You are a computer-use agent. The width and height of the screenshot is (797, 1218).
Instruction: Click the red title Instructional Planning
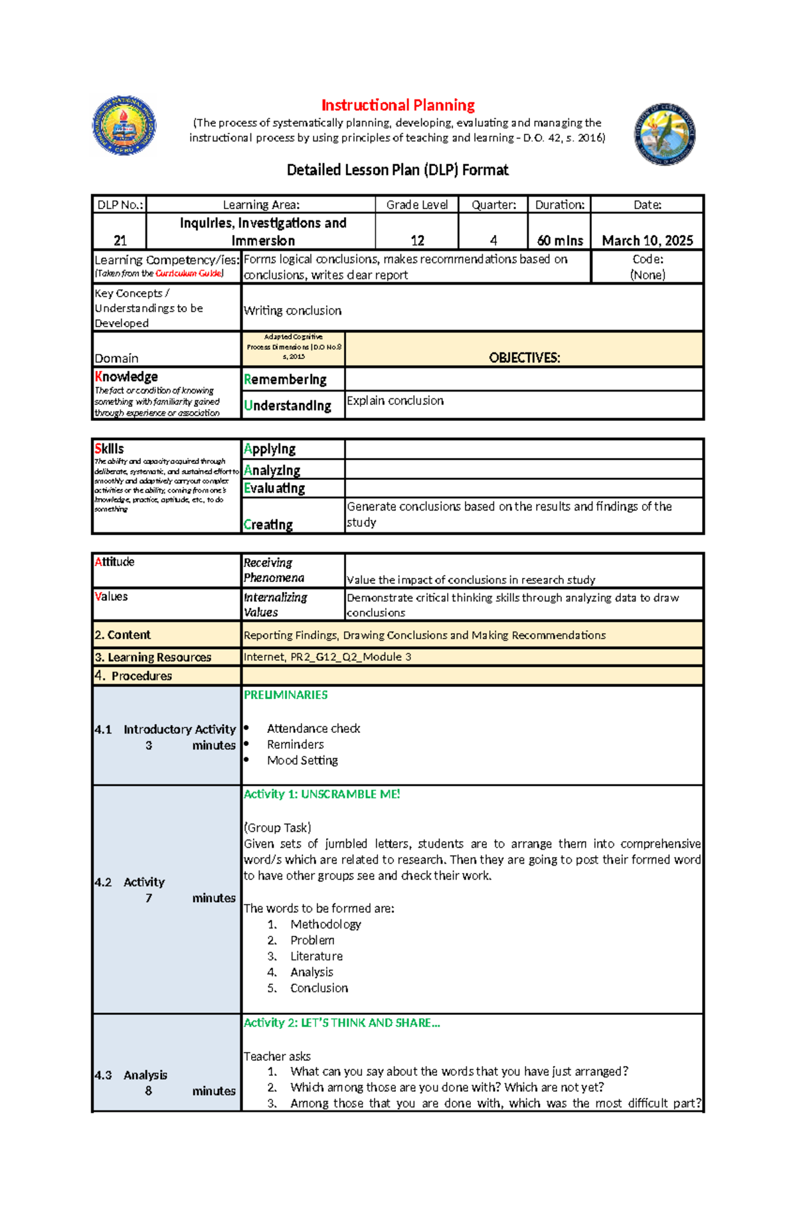point(398,106)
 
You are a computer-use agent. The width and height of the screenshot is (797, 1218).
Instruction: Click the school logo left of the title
point(124,125)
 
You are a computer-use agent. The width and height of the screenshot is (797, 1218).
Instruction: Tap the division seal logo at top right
point(664,135)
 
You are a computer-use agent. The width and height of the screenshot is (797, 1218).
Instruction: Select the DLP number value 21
point(120,240)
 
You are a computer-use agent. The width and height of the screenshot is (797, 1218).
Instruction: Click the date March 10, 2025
point(647,240)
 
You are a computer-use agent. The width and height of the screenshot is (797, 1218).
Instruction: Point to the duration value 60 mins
point(559,240)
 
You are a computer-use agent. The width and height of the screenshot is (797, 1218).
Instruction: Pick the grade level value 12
point(417,240)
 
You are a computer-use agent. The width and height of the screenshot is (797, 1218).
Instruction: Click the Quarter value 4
point(493,240)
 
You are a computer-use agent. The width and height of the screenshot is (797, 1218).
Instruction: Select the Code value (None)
point(648,275)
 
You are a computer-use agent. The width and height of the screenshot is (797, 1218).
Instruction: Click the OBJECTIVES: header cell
point(524,358)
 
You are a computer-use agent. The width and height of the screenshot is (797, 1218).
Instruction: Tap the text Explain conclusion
point(395,401)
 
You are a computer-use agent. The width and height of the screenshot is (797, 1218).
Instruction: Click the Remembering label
point(285,380)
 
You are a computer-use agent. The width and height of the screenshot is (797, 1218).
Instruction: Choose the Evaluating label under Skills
point(274,489)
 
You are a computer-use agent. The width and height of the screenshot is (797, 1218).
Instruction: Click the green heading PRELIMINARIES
point(286,695)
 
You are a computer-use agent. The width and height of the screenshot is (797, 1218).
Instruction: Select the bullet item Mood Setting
point(302,761)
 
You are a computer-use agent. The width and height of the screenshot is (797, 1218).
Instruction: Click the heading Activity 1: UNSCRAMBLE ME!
point(321,795)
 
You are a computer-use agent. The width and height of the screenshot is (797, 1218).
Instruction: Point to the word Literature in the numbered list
point(316,956)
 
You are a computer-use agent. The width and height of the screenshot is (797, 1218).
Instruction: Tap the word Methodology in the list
point(325,925)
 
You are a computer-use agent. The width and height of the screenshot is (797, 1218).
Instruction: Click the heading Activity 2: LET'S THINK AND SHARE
point(341,1023)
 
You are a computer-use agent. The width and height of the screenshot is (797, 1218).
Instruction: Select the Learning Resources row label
point(153,657)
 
